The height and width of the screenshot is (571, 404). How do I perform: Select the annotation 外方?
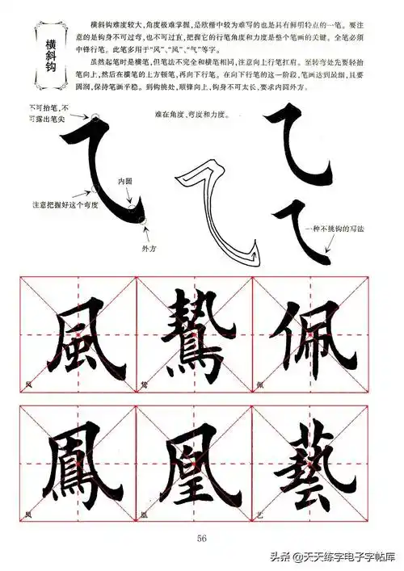tap(148, 247)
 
